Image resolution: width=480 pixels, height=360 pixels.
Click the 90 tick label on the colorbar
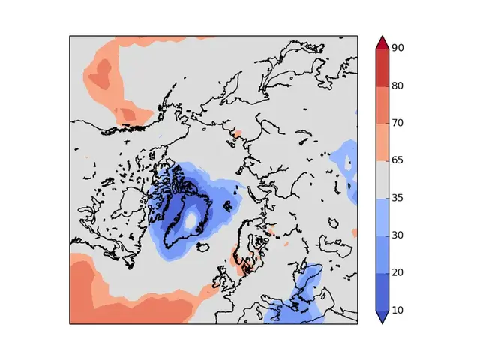397,48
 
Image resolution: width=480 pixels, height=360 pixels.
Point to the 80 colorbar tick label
397,85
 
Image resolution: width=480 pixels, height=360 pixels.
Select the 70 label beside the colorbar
397,123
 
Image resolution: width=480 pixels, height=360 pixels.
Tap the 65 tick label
397,160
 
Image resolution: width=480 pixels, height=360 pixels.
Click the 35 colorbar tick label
397,197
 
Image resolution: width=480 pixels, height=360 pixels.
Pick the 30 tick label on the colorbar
397,235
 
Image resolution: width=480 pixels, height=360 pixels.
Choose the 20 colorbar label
397,272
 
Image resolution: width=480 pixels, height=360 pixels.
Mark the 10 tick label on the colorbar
397,309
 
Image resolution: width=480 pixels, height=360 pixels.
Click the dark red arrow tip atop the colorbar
381,42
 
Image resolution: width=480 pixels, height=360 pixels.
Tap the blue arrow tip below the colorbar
381,316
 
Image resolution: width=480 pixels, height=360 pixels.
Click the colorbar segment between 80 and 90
381,67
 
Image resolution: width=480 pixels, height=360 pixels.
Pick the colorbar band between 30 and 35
381,216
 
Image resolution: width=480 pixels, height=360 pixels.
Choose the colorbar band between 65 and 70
381,142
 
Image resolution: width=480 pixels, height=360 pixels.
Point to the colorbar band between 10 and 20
381,291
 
